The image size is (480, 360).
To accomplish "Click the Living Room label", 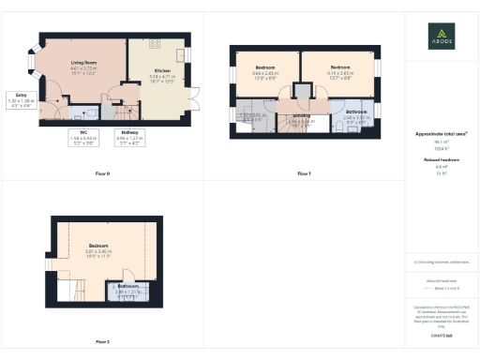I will point(85,63).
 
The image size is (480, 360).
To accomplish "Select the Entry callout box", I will point(21,101).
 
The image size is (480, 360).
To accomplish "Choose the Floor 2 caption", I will point(102,341).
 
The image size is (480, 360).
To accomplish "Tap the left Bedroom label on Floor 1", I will point(265,67).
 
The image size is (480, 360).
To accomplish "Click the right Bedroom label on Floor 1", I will point(339,67).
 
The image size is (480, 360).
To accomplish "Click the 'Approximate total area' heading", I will point(441,134).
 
